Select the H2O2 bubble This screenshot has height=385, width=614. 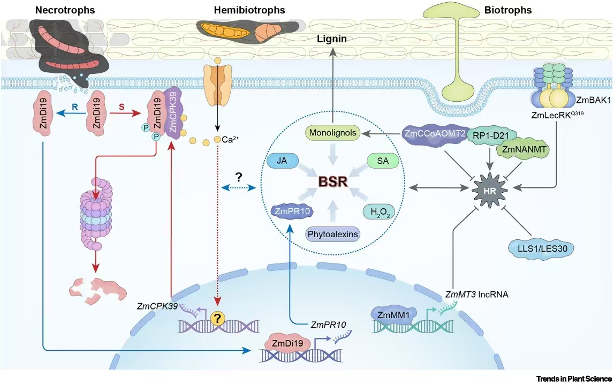[x=382, y=212]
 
